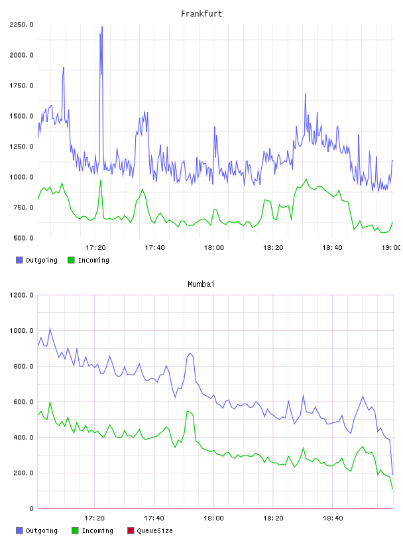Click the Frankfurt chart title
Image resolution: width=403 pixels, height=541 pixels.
(x=201, y=14)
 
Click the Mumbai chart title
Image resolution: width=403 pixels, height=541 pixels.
(x=201, y=284)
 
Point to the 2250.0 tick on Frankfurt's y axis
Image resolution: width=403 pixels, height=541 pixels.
(x=21, y=25)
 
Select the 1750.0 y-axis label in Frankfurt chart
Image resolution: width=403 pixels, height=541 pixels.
(x=21, y=86)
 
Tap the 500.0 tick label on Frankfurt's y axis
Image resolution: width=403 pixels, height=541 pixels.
(x=23, y=238)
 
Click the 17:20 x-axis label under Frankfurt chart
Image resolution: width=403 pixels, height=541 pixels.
(x=95, y=248)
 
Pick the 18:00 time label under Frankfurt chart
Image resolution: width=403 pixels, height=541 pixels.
(x=214, y=248)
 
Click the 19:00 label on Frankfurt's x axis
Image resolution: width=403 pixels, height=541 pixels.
(x=391, y=248)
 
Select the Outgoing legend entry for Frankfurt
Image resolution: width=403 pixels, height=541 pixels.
(x=36, y=260)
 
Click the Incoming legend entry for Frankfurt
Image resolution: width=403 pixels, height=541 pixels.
(x=88, y=260)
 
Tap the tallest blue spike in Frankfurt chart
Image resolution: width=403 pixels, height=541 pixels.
(x=102, y=27)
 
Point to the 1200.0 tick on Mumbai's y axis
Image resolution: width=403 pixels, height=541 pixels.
(x=21, y=295)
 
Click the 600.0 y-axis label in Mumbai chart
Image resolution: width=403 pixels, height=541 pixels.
(x=23, y=402)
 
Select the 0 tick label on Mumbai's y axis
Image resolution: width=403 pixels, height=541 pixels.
(x=31, y=509)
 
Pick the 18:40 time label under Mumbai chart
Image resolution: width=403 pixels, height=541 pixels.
(x=333, y=518)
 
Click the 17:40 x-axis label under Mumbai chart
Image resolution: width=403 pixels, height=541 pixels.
(x=154, y=518)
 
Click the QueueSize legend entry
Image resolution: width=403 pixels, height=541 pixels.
(x=150, y=530)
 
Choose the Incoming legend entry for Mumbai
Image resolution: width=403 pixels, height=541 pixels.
(x=92, y=530)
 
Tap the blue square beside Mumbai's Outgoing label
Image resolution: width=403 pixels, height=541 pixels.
(x=19, y=530)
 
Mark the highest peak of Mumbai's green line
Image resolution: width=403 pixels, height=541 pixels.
(x=50, y=401)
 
